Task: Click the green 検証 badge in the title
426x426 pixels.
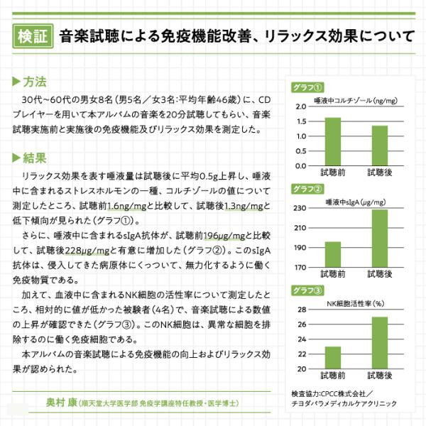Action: click(x=33, y=36)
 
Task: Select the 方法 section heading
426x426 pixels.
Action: click(x=30, y=82)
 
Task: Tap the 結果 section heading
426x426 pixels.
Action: click(x=30, y=158)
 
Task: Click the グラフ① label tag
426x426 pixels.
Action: click(x=307, y=87)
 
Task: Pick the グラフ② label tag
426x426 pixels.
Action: click(x=307, y=189)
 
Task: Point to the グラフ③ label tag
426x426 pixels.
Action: click(x=307, y=290)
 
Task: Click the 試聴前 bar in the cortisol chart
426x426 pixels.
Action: click(x=333, y=141)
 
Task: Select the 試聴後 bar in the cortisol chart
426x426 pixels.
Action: click(x=380, y=146)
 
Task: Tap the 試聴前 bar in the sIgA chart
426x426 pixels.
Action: click(x=333, y=254)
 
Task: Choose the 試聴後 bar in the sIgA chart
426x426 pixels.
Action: click(x=380, y=239)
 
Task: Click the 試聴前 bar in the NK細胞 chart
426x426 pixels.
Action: click(x=333, y=358)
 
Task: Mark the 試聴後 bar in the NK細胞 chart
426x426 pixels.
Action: click(x=380, y=343)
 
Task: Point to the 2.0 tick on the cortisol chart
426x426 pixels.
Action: click(x=301, y=106)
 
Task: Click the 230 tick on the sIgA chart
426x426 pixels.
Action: click(x=300, y=208)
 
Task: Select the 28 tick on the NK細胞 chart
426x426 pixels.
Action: click(x=302, y=310)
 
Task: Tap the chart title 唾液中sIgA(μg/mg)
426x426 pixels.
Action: click(x=356, y=202)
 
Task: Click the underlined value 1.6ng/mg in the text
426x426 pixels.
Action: click(x=127, y=206)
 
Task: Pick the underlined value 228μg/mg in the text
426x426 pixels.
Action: click(x=87, y=251)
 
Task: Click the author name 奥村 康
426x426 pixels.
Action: click(x=62, y=403)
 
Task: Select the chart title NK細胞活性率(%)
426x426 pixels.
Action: click(x=356, y=303)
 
